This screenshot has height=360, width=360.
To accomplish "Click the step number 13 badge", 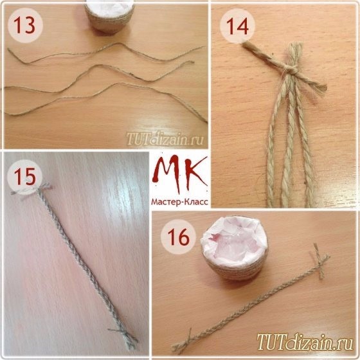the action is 25,25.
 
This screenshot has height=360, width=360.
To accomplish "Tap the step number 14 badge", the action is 237,26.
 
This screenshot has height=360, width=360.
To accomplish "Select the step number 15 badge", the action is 25,177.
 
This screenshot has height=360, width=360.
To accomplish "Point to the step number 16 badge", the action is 178,237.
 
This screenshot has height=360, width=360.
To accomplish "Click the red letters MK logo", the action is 179,172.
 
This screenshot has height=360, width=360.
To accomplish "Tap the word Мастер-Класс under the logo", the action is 179,202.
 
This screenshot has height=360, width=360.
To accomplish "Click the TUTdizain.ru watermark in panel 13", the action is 165,139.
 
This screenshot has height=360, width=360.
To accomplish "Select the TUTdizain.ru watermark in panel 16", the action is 305,342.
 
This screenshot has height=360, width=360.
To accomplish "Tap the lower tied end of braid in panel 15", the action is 125,337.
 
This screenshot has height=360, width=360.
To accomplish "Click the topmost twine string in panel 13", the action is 106,53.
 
